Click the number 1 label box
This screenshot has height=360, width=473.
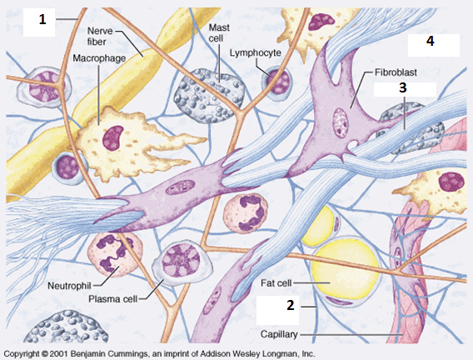39,22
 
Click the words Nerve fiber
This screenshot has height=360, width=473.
100,36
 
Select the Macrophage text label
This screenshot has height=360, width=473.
99,58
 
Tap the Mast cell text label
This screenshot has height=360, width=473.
219,32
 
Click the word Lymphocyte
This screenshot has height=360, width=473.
255,52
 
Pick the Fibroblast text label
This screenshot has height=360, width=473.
396,72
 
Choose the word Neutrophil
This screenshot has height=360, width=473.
69,286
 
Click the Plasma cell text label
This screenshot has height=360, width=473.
112,299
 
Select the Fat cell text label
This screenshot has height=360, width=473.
276,283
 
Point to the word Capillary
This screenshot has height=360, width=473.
279,334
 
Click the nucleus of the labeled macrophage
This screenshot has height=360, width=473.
112,138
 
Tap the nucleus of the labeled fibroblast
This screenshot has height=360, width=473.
341,123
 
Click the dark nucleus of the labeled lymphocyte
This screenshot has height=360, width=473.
278,81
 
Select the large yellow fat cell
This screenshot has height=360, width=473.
346,269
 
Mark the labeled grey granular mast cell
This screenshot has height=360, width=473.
209,96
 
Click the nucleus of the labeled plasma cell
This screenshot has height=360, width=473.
181,261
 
